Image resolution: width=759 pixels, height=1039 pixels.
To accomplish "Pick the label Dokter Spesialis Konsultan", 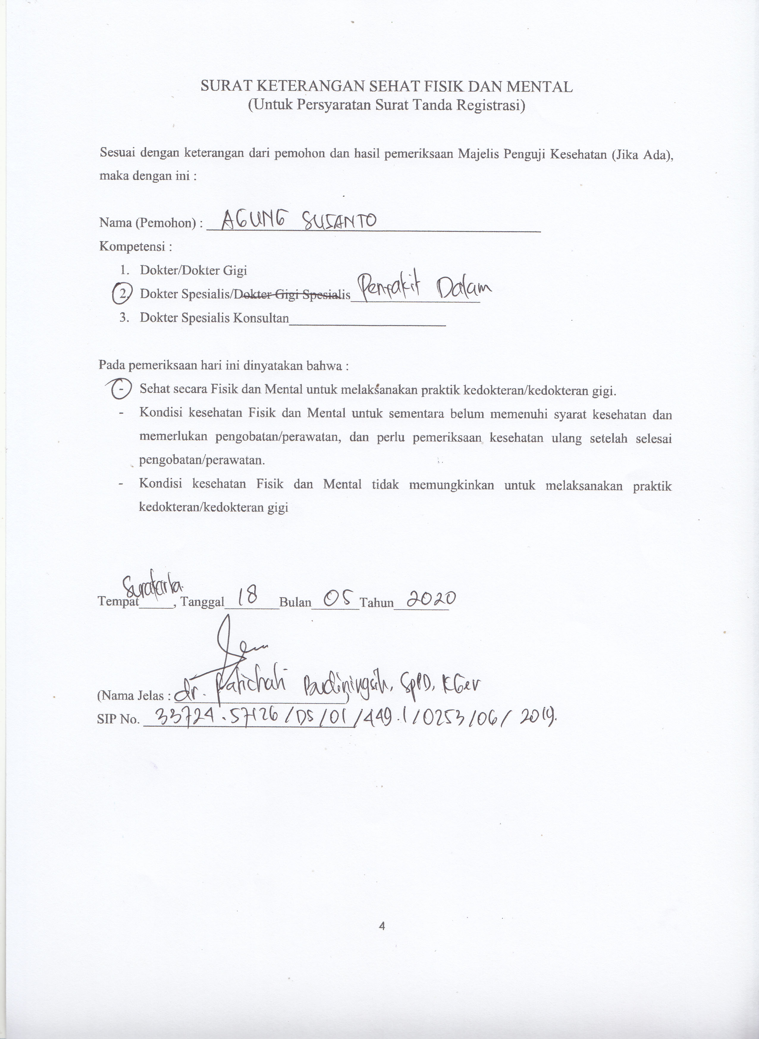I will tap(214, 318).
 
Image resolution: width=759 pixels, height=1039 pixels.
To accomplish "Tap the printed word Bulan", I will tap(295, 602).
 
